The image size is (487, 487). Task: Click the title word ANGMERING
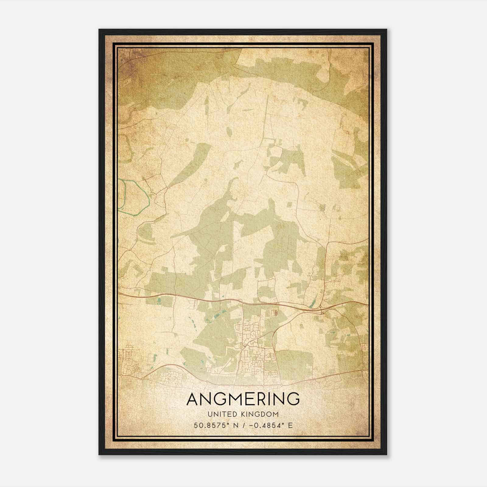pos(243,399)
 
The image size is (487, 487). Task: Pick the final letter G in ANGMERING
pos(293,399)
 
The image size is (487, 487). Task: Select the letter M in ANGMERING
pos(234,399)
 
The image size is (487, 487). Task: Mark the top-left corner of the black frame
pos(99,30)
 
